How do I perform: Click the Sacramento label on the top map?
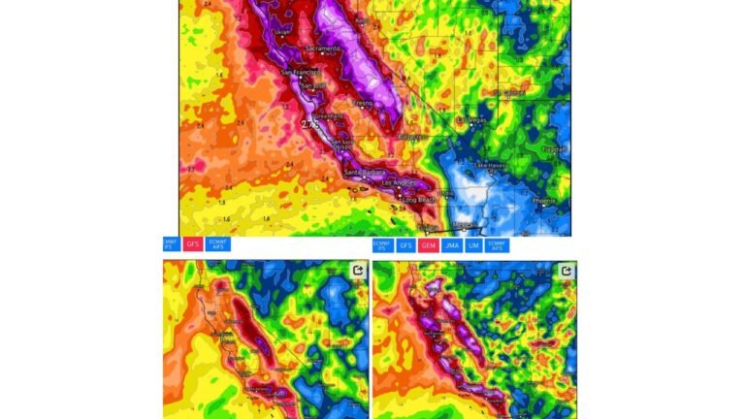(323, 48)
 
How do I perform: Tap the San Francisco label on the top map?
(300, 73)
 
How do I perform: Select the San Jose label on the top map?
(311, 86)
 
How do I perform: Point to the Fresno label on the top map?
(363, 103)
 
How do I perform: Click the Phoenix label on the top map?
(544, 201)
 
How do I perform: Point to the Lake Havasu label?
(491, 167)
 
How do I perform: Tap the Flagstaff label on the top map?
(554, 149)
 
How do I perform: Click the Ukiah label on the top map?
(282, 30)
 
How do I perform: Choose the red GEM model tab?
(429, 245)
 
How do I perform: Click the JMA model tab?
(451, 245)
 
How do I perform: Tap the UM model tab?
(474, 245)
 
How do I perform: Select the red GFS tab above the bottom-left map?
(193, 244)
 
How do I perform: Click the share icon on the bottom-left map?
(358, 271)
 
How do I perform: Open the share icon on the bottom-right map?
(566, 271)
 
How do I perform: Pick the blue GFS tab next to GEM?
(405, 245)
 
